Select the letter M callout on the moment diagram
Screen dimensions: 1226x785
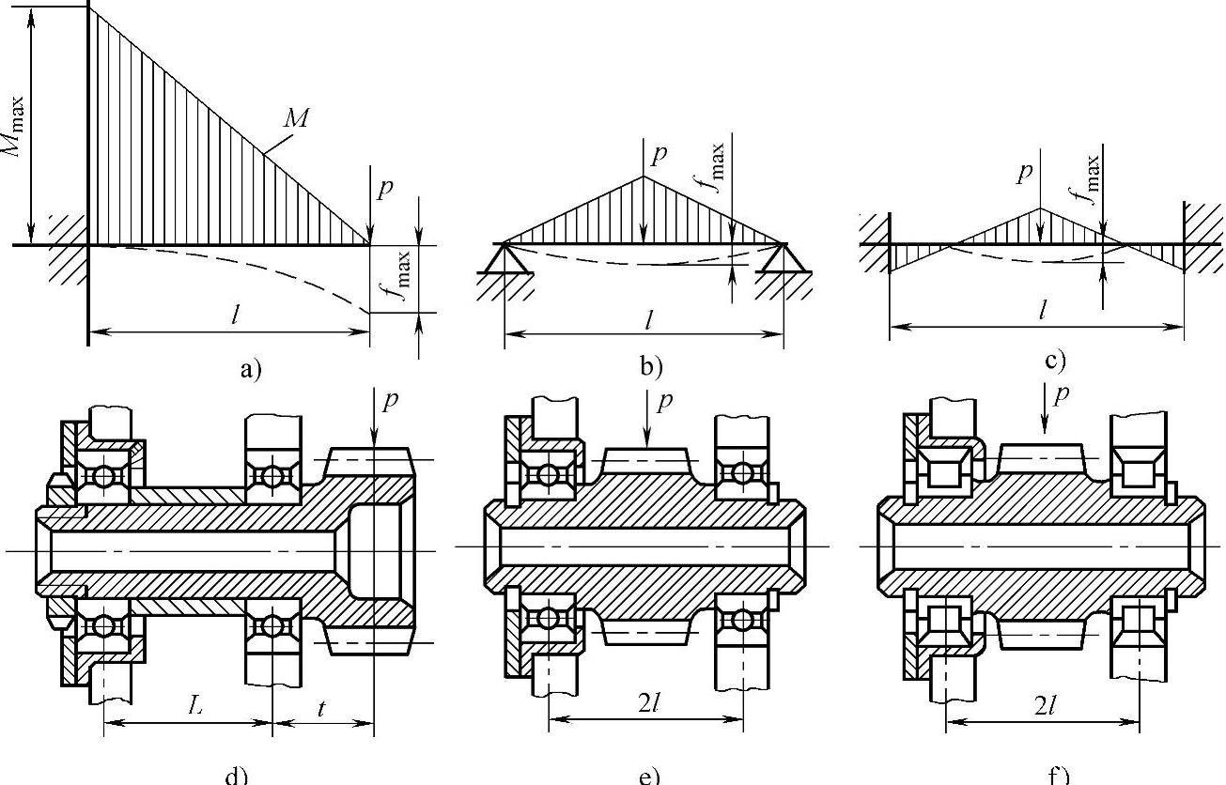pos(296,118)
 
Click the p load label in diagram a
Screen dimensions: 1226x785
pos(385,188)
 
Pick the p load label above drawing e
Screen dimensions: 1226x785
pos(664,402)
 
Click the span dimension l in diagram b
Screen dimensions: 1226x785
pos(649,319)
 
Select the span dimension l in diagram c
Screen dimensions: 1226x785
pos(1044,310)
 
